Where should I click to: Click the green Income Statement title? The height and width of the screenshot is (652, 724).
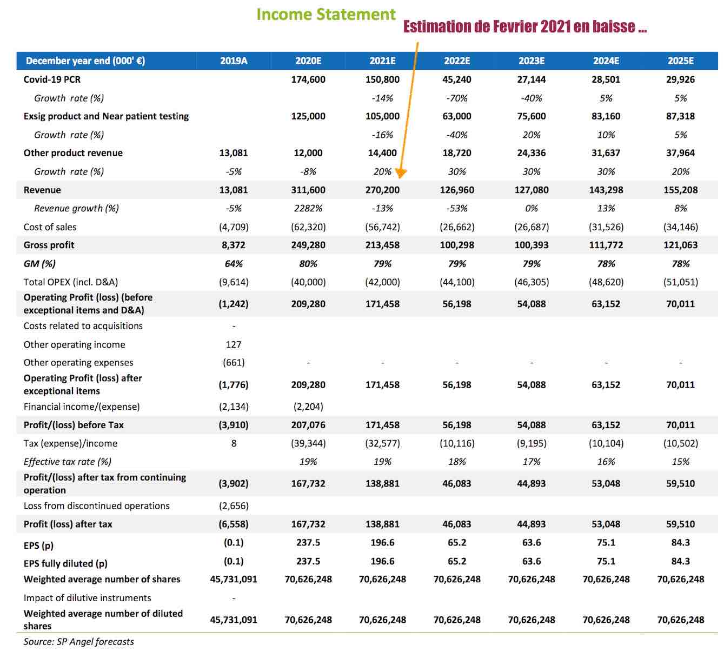point(326,15)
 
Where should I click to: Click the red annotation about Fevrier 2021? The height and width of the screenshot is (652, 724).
point(525,26)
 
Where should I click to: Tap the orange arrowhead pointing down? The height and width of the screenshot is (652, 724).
point(401,174)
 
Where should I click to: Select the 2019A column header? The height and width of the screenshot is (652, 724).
point(234,61)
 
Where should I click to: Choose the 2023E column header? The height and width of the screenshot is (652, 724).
point(532,61)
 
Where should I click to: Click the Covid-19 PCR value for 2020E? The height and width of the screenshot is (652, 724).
point(308,79)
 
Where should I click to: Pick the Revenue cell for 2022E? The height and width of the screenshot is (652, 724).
point(456,190)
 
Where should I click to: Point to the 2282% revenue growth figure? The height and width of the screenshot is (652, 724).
point(308,208)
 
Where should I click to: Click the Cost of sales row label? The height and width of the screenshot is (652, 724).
point(50,227)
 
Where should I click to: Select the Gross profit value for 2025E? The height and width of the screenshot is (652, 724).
point(680,245)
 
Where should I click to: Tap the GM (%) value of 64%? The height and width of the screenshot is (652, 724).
point(234,264)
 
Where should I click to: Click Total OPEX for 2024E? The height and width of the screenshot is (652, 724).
point(606,282)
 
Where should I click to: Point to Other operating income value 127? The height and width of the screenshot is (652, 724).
point(234,344)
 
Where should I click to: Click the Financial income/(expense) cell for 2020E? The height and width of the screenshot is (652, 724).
point(308,407)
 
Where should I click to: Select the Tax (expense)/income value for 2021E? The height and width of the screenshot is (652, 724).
point(382,443)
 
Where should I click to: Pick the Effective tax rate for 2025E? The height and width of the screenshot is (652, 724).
point(680,462)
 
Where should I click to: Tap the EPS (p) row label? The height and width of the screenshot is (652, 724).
point(38,545)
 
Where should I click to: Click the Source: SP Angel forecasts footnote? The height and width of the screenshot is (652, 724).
point(78,642)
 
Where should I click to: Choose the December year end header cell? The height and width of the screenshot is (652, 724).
point(85,61)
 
